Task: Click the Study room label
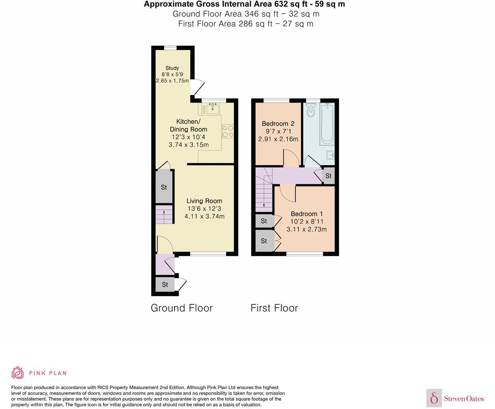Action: [172, 68]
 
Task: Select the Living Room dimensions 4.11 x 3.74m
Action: [204, 216]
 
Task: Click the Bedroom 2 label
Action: [278, 124]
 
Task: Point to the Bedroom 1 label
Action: [307, 214]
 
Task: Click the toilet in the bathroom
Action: [310, 110]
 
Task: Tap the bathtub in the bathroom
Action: [327, 123]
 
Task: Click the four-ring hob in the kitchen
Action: [227, 131]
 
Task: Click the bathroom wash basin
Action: [330, 155]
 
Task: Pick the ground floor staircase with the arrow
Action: [164, 215]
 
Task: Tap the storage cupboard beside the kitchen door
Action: [164, 187]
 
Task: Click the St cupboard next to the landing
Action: [328, 176]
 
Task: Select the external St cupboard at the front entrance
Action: [165, 284]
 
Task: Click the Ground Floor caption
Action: [182, 308]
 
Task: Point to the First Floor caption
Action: [274, 308]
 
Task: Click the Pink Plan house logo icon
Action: [17, 372]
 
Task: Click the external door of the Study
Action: [198, 88]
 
